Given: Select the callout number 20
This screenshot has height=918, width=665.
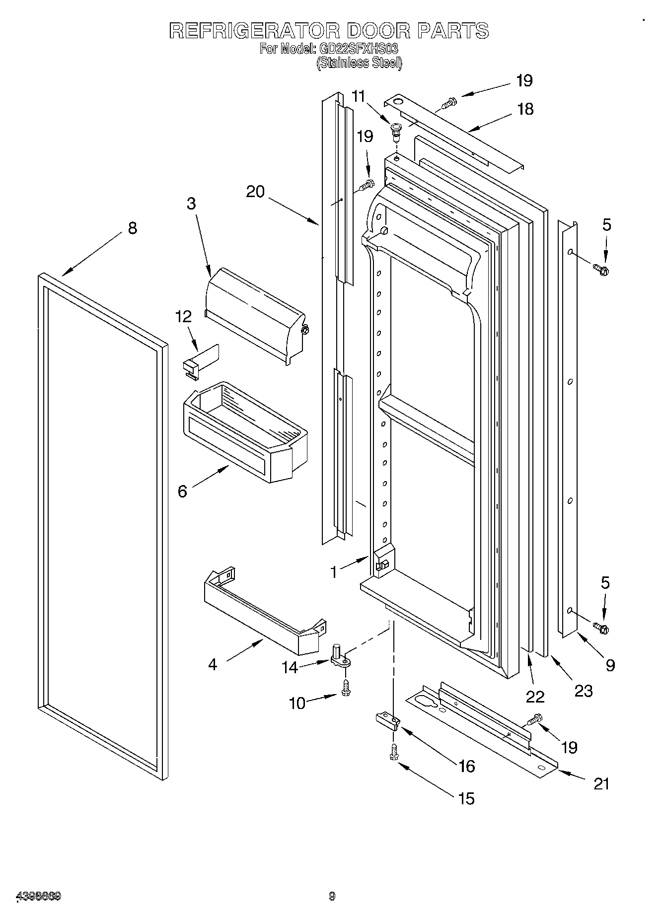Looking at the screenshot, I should tap(255, 192).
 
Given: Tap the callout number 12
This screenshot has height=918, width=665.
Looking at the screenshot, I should tap(183, 317).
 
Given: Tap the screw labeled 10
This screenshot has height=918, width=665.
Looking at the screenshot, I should tap(346, 688).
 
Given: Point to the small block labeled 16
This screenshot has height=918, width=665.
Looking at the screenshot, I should tap(387, 721).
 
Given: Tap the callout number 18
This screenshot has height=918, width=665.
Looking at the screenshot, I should tap(525, 109).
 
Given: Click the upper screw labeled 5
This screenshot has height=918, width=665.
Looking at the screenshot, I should tap(602, 270).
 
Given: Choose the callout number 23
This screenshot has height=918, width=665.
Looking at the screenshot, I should tap(584, 691).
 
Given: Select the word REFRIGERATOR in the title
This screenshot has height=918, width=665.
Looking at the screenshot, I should tap(254, 31).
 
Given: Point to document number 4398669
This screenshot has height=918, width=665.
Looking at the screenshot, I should tap(39, 896).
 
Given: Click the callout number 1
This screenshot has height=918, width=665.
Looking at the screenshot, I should tap(334, 572).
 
